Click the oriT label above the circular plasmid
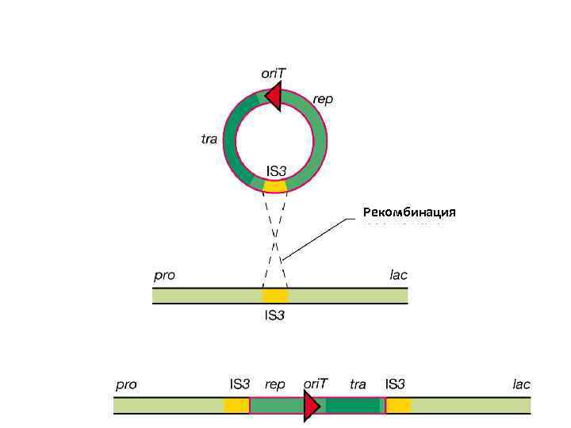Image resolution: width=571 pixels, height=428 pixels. [x=274, y=72]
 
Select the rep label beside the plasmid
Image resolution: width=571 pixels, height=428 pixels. [x=323, y=98]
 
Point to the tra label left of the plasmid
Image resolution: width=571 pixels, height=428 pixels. [x=209, y=139]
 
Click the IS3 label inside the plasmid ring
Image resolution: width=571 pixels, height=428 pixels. [x=276, y=170]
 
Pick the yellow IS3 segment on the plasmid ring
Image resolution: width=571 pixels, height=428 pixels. [x=275, y=187]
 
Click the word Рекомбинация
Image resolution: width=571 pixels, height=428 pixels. [x=409, y=212]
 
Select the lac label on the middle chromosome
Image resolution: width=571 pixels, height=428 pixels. [x=398, y=275]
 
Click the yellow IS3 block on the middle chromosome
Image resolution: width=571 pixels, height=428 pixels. [x=275, y=296]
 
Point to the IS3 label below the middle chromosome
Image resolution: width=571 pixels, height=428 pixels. [x=275, y=315]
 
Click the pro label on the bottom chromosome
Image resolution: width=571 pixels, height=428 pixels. [x=126, y=384]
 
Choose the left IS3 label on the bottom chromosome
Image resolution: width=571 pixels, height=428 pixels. [x=240, y=384]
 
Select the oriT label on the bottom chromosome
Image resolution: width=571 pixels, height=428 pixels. [x=316, y=384]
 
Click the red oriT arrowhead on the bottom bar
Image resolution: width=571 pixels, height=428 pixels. [x=311, y=406]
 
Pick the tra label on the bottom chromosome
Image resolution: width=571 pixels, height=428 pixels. [x=358, y=384]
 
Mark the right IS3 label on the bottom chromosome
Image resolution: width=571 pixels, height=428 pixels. [x=395, y=384]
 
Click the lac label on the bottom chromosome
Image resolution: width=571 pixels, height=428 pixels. [x=521, y=384]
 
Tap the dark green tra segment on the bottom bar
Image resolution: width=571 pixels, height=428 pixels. [x=353, y=406]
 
